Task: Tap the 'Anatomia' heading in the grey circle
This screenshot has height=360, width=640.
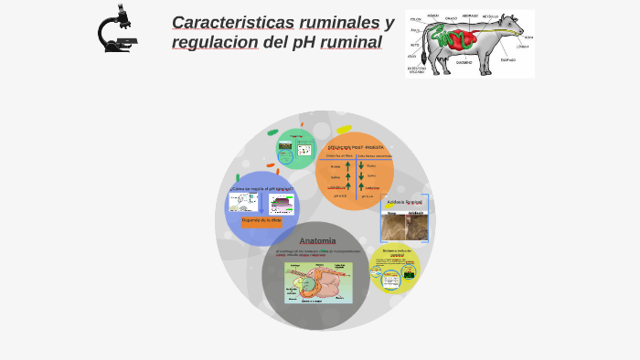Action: coord(317,241)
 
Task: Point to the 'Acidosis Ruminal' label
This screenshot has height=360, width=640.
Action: coord(404,201)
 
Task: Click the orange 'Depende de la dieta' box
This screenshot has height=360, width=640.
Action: coord(261,220)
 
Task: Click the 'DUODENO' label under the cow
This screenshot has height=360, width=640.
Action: coord(464,63)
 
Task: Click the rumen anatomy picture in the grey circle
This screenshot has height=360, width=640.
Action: coord(317,282)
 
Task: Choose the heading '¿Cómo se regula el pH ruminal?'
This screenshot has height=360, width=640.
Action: coord(261,189)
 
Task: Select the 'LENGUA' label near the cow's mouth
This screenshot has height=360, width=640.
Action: coord(520,46)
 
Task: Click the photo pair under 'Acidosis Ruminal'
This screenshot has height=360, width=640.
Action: coord(404,226)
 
